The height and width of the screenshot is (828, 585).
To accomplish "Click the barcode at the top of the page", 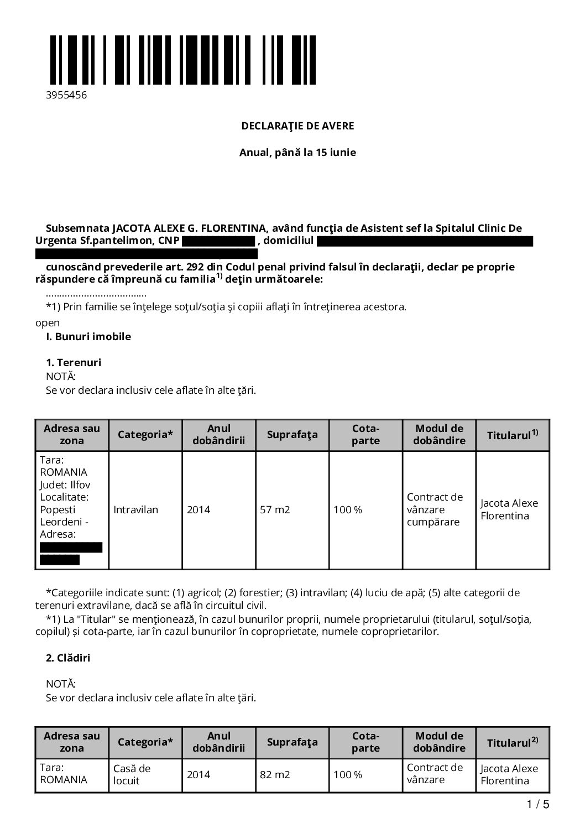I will (183, 60).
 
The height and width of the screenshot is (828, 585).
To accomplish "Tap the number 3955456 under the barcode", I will (66, 95).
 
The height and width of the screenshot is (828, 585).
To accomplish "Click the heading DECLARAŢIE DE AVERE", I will (297, 126).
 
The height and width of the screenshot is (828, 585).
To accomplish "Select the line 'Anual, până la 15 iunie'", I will (297, 153).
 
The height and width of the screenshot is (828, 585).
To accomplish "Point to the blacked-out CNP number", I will (218, 241).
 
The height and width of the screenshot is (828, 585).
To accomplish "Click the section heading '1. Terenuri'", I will (74, 363).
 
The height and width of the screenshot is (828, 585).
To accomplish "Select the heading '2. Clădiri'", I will (68, 658).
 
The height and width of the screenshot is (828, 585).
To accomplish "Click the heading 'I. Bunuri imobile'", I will (88, 337).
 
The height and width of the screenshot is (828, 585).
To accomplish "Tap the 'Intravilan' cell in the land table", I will (135, 510).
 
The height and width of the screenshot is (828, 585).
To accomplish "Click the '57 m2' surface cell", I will (275, 510).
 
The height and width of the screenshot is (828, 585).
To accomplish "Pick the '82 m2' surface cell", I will (275, 775).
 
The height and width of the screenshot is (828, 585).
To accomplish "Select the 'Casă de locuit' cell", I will (132, 774).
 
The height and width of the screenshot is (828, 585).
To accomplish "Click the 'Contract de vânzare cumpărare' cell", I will (435, 509).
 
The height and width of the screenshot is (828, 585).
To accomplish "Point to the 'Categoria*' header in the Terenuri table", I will (145, 435).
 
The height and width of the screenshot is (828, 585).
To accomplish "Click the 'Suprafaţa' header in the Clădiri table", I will (292, 742).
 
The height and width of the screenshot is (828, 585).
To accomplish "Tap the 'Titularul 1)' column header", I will (512, 435).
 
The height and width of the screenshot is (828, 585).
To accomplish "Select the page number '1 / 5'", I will (538, 805).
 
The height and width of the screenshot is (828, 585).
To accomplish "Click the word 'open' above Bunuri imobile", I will (48, 323).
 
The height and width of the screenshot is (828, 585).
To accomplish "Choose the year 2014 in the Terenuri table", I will (199, 510).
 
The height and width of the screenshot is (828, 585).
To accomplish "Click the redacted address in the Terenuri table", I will (70, 554).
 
